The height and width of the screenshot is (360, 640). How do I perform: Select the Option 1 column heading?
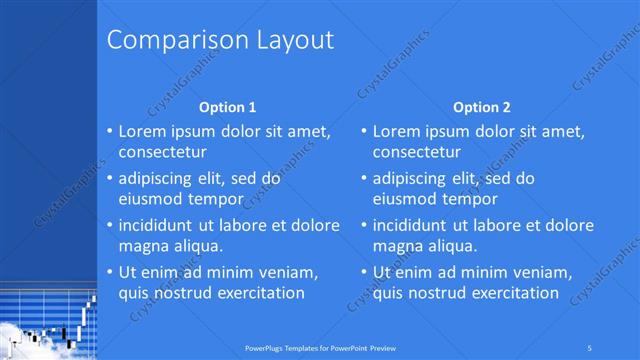(228, 107)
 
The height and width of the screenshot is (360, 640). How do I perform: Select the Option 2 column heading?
(481, 107)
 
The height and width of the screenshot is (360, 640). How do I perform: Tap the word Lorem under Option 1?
(142, 131)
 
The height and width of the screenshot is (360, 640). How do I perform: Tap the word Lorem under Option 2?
(396, 131)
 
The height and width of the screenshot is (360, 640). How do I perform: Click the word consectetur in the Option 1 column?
(163, 153)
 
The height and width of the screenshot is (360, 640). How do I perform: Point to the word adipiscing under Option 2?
(410, 179)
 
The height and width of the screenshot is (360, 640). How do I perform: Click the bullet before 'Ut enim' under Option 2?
(364, 272)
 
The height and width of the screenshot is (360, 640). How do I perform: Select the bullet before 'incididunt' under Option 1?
(110, 225)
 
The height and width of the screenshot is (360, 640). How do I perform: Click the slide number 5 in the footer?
(591, 347)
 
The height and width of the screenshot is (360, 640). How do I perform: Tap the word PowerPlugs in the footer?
(264, 347)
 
